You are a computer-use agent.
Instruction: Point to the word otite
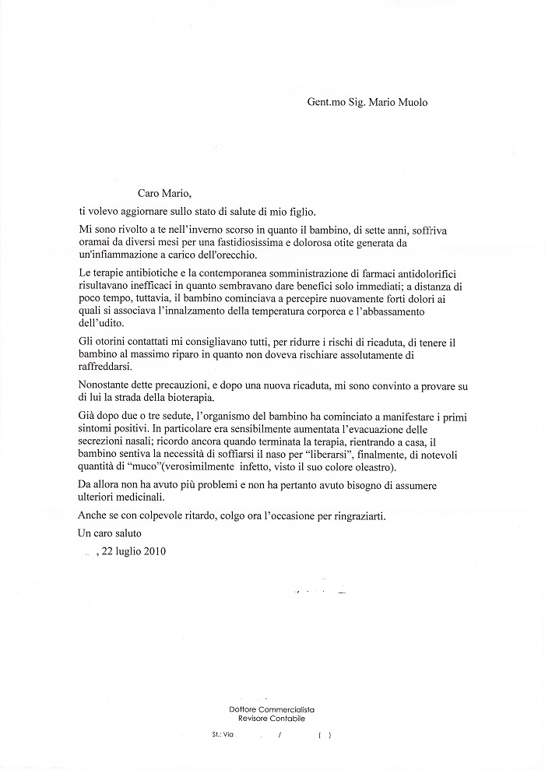click(x=353, y=244)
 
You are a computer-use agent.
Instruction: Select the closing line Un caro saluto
click(x=111, y=533)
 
